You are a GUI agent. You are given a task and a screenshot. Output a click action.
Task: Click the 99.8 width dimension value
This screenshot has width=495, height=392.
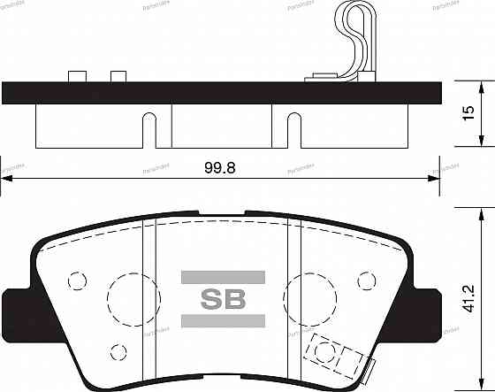(x=221, y=166)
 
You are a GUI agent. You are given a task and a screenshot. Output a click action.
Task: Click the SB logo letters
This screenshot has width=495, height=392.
(x=223, y=297)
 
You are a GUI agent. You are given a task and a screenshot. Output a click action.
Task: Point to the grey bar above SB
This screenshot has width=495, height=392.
(x=223, y=277)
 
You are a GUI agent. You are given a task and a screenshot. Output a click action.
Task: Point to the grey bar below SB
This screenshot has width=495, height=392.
(x=223, y=319)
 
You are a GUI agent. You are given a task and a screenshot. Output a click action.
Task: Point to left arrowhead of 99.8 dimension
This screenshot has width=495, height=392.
(x=7, y=180)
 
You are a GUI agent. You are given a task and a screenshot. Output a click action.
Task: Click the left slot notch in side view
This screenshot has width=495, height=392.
(x=150, y=127)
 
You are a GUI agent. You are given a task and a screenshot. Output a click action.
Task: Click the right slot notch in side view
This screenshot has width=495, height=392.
(x=293, y=127)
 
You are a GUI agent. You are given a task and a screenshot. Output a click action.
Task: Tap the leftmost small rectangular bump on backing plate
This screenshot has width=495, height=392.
(x=76, y=76)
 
